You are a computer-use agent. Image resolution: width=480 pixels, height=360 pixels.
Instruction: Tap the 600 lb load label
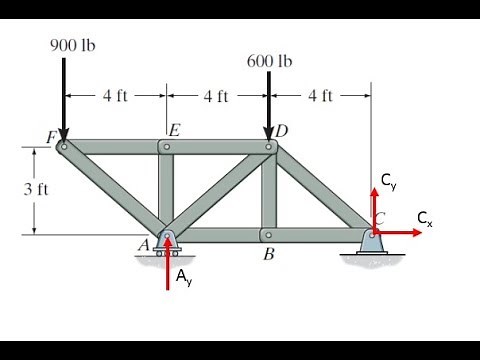tap(270, 61)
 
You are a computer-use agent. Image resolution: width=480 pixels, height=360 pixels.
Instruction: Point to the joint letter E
tap(174, 130)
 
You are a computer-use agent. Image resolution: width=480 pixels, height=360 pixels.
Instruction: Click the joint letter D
tap(282, 131)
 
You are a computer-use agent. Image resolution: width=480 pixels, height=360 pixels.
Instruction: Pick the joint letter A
tap(143, 244)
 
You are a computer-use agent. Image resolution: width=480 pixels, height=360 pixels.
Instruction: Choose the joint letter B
tap(268, 254)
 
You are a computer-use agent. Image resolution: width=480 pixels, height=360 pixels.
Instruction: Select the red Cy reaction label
tap(387, 181)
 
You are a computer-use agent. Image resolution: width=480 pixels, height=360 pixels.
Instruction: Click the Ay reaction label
tap(184, 279)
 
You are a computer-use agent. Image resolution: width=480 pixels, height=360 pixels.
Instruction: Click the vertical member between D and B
tap(268, 190)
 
